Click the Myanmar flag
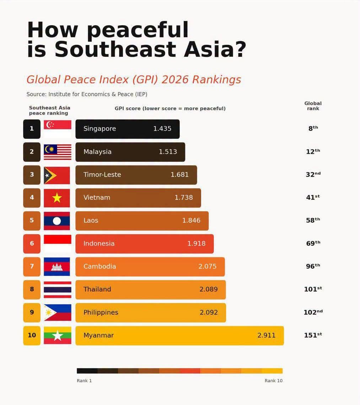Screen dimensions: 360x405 [58, 335]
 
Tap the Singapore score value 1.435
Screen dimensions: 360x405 [162, 128]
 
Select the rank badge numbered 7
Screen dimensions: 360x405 [32, 267]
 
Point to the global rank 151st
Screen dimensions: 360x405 [313, 335]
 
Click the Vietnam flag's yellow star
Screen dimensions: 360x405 [57, 198]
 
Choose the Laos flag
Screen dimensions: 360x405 [57, 221]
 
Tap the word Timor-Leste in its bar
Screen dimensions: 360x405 [102, 175]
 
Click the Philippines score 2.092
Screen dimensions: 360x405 [209, 312]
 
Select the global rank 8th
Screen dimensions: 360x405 [313, 128]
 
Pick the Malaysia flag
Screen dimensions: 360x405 [58, 152]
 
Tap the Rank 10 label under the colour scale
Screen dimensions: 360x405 [273, 381]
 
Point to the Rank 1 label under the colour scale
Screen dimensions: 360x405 [84, 381]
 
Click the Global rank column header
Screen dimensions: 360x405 [313, 106]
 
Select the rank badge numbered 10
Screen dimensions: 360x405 [32, 335]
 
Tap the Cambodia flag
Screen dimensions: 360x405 [57, 267]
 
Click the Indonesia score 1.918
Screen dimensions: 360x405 [196, 243]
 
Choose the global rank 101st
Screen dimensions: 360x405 [313, 289]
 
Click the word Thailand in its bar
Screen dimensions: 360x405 [97, 289]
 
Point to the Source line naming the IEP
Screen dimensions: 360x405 [87, 94]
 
